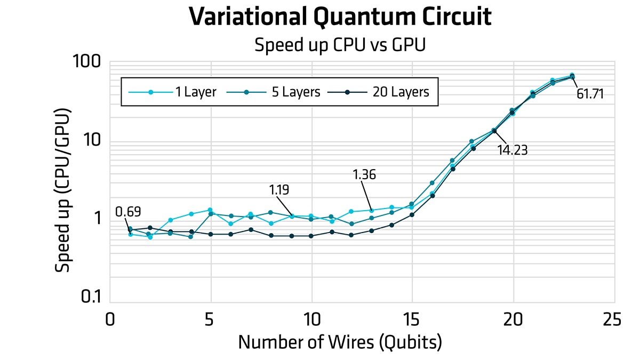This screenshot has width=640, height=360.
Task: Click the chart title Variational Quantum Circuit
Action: pos(340,17)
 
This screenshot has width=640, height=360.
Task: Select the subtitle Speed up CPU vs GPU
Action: pos(340,45)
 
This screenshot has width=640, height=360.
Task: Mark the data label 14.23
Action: pos(512,150)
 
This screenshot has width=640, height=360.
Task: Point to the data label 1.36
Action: pos(365,175)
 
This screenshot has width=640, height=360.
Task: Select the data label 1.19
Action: pos(281,190)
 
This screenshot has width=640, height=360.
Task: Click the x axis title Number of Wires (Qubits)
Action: pos(340,342)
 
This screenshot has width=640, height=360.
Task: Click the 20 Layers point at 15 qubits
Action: pos(412,215)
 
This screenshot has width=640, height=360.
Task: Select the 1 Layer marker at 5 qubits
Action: pos(210,210)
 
